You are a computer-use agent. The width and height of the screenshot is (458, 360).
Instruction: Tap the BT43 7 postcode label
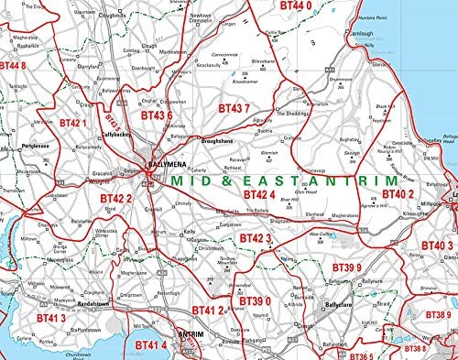[x=234, y=108]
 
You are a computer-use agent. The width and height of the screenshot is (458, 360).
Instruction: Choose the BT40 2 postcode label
[x=398, y=194]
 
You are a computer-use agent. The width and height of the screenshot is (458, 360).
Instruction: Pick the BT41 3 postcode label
[x=51, y=318]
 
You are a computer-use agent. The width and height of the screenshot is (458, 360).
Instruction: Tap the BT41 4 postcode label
[x=151, y=344]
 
